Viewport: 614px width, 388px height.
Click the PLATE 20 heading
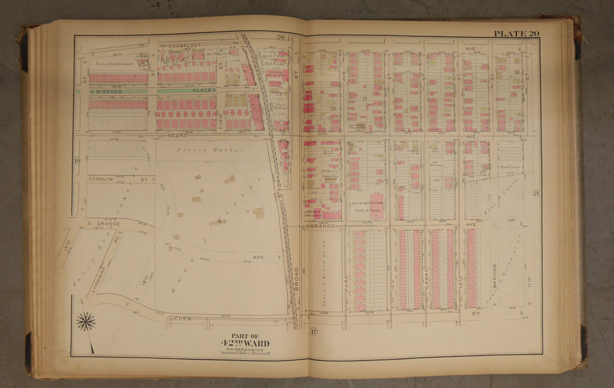pyautogui.click(x=516, y=34)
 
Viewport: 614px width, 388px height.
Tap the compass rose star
pyautogui.click(x=86, y=322)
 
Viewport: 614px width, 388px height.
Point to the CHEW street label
pyautogui.click(x=183, y=318)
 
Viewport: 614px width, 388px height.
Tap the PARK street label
pyautogui.click(x=347, y=283)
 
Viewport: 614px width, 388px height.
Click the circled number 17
pyautogui.click(x=313, y=332)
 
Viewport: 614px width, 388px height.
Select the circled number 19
pyautogui.click(x=77, y=161)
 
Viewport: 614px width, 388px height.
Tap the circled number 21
pyautogui.click(x=535, y=193)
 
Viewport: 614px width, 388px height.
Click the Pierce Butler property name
pyautogui.click(x=210, y=150)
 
